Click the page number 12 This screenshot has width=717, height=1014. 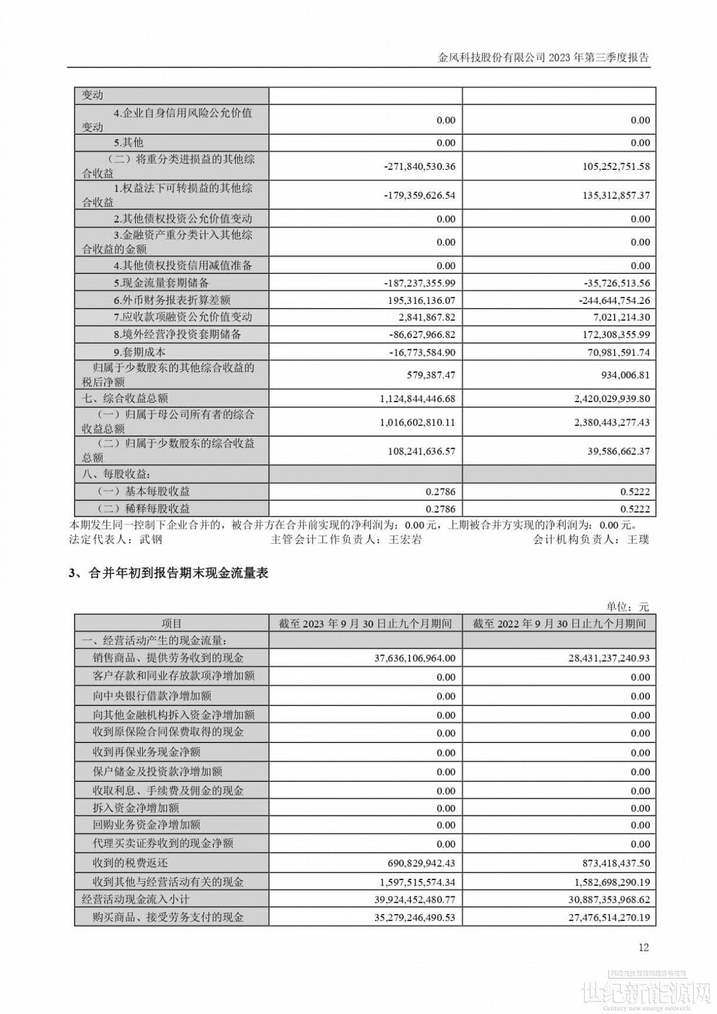pos(644,947)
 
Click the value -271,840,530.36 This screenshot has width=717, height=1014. pos(420,166)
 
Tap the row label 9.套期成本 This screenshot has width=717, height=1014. pos(140,352)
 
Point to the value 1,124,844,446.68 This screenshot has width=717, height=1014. pos(418,399)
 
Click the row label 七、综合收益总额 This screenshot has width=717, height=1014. pos(125,399)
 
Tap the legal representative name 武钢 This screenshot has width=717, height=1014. pos(151,539)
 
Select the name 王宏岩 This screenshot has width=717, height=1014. pos(406,539)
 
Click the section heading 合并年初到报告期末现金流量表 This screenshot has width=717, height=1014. pos(178,573)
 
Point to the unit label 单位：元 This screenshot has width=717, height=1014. pos(628,607)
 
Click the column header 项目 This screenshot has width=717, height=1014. pos(172,624)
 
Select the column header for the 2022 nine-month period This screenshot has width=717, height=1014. pos(559,624)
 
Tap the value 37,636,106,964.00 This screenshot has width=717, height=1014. pos(415,658)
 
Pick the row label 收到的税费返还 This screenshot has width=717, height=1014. pos(130,863)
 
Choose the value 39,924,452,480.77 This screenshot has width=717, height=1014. pos(415,899)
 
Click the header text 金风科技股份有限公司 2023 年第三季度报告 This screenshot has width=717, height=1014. pos(544,58)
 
